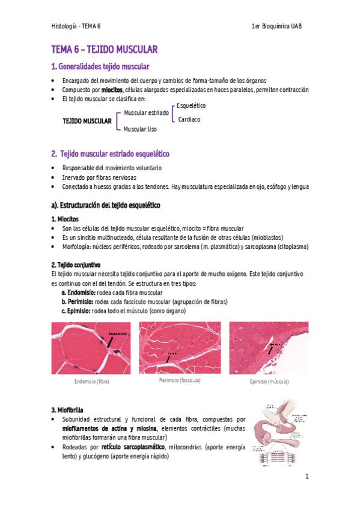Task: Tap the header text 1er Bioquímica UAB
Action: tap(281, 27)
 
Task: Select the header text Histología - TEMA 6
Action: tap(76, 27)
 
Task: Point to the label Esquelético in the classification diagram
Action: tap(191, 106)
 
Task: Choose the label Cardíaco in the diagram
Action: tap(189, 120)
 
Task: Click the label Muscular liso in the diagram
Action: tap(140, 129)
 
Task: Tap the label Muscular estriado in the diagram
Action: tap(146, 112)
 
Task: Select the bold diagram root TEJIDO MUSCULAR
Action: tap(87, 121)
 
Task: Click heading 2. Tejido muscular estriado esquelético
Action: tap(111, 154)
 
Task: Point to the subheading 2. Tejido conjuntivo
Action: tap(76, 265)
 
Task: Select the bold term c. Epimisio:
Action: tap(76, 311)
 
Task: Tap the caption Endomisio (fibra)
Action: tap(91, 382)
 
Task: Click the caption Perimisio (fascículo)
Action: tap(180, 381)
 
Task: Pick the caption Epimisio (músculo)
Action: tap(269, 382)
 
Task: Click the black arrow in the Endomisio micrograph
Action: tap(109, 342)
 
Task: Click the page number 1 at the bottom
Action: tap(307, 477)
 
